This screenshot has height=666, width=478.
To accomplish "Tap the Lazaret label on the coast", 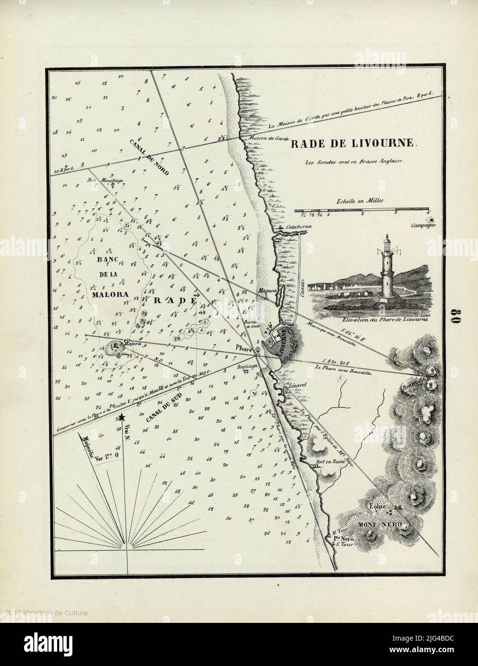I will coord(294,385).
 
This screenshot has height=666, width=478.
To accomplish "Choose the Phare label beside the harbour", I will coord(244,349).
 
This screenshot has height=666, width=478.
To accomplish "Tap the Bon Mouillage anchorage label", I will coord(105,180).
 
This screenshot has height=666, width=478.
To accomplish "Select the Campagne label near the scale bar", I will coord(423,225).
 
